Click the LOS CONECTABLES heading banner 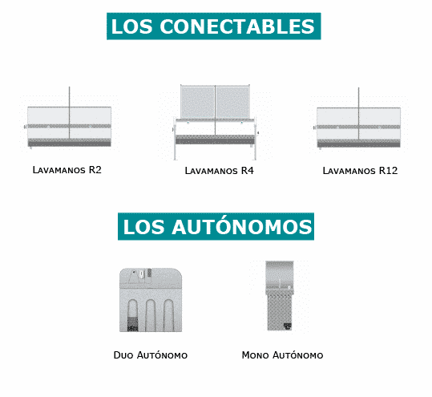[213, 26]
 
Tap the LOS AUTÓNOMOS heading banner [216, 226]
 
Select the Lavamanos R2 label [67, 170]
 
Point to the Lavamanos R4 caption [219, 171]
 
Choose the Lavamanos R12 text [360, 171]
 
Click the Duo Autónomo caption [151, 354]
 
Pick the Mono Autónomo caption [282, 354]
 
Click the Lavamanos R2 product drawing [68, 118]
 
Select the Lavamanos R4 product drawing [215, 122]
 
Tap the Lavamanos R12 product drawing [357, 119]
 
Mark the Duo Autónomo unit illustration [151, 300]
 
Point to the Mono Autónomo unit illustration [280, 295]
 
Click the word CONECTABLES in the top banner [237, 26]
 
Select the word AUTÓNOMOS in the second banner [242, 227]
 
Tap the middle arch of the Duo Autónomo [151, 315]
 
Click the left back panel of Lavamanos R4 [198, 102]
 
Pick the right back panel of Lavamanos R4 [232, 102]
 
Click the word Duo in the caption [123, 354]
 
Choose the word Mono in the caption [255, 354]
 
